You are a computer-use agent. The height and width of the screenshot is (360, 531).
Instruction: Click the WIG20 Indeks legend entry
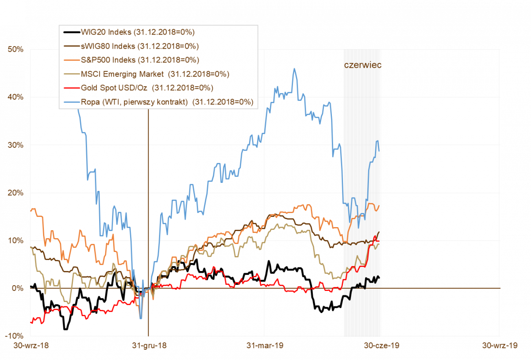tap(138, 32)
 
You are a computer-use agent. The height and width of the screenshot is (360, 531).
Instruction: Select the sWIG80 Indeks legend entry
tap(139, 46)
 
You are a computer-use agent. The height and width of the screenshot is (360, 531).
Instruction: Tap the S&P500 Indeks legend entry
tap(140, 60)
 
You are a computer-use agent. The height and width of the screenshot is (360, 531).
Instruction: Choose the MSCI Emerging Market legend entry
tap(155, 74)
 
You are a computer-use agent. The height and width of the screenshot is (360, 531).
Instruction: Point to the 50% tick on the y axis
tap(15, 49)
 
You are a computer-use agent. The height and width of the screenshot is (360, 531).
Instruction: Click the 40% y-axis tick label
tap(15, 97)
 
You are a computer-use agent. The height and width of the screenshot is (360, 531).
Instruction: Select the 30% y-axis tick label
tap(15, 145)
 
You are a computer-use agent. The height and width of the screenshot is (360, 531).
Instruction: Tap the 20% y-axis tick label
tap(15, 193)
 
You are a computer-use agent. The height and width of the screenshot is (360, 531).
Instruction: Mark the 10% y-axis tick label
tap(15, 240)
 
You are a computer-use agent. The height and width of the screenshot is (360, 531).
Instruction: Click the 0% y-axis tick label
tap(18, 288)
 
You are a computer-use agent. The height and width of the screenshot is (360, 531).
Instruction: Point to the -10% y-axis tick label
tap(15, 336)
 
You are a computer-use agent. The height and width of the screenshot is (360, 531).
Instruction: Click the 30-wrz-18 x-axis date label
tap(31, 346)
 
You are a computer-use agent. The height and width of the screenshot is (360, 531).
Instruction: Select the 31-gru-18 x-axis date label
tap(149, 346)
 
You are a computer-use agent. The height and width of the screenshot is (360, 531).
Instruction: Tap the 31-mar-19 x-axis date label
tap(265, 346)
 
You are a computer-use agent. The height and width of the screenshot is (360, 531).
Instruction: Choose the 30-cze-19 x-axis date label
tap(381, 346)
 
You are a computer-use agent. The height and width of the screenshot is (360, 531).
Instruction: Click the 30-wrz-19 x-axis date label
tap(500, 346)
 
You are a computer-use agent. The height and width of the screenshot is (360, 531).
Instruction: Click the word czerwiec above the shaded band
tap(362, 65)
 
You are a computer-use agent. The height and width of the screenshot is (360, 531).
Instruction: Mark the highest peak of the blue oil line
tap(294, 69)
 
